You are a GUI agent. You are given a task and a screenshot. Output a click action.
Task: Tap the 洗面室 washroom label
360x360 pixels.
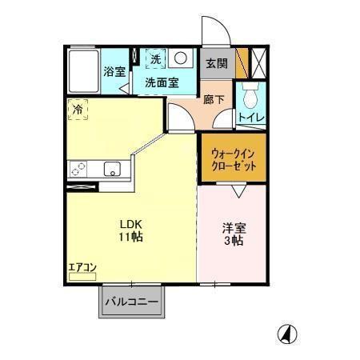161,82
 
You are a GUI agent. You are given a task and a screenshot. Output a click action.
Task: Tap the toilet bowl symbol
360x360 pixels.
252,97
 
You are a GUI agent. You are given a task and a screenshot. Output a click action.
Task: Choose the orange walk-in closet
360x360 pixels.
234,157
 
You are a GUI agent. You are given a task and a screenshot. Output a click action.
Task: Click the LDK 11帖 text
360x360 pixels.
131,230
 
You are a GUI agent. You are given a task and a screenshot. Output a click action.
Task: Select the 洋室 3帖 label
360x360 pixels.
234,234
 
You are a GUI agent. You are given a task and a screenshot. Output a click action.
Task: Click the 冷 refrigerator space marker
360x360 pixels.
78,109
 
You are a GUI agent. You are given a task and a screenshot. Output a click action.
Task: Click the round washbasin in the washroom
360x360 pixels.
182,59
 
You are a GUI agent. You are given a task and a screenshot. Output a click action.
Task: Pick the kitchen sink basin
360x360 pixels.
111,169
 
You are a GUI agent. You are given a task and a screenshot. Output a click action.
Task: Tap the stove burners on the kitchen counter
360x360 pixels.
80,169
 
